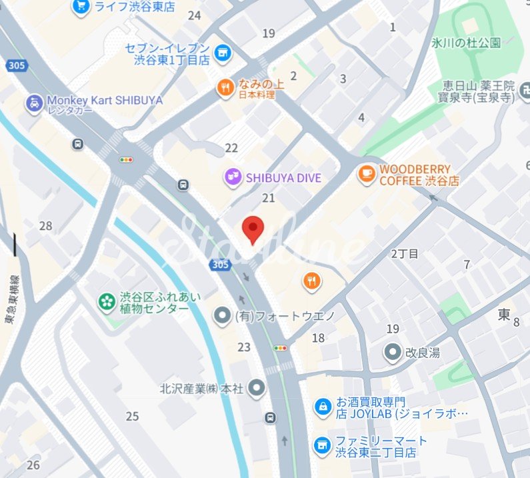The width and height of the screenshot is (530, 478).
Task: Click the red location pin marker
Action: pyautogui.click(x=253, y=229)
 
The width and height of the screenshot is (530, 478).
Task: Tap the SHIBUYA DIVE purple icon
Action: pyautogui.click(x=233, y=177)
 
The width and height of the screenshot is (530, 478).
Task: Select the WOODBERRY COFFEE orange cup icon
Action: pyautogui.click(x=366, y=175)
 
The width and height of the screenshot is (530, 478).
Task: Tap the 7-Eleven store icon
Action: pyautogui.click(x=222, y=51)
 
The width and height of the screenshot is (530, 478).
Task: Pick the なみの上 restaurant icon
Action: pyautogui.click(x=225, y=87)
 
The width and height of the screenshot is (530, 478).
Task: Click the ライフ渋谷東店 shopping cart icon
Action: pyautogui.click(x=81, y=7)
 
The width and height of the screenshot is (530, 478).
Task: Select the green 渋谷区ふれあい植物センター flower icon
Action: pyautogui.click(x=106, y=302)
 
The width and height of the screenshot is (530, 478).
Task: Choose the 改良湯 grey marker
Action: pyautogui.click(x=394, y=351)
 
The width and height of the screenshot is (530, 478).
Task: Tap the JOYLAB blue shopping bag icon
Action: pyautogui.click(x=323, y=407)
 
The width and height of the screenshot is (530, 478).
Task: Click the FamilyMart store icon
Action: pyautogui.click(x=323, y=445)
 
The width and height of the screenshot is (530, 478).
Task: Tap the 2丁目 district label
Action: pyautogui.click(x=405, y=253)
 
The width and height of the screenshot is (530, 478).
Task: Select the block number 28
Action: pyautogui.click(x=45, y=226)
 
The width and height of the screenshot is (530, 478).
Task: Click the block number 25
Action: pyautogui.click(x=132, y=417)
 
